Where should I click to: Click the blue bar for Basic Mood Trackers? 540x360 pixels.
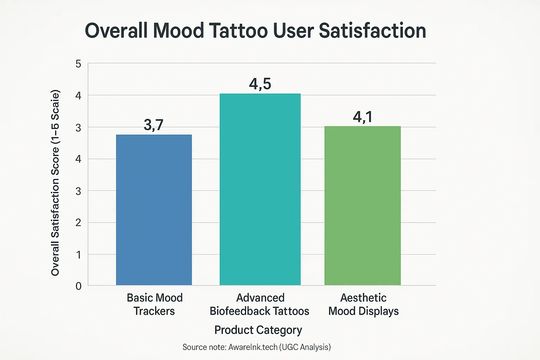coord(154,210)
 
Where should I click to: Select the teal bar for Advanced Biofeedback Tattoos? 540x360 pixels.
coord(260,189)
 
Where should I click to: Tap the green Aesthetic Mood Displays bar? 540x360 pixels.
coord(362,206)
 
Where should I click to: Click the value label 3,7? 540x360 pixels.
coord(154,125)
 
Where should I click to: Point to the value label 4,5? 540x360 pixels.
coord(260,84)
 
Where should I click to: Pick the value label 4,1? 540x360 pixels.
coord(362,117)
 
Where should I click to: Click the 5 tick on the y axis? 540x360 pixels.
coord(78,64)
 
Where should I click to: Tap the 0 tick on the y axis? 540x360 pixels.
coord(78,286)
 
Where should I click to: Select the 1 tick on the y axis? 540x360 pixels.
coord(78,255)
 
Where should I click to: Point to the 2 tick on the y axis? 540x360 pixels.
coord(78,223)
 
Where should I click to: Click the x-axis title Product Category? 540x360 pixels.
coord(258,330)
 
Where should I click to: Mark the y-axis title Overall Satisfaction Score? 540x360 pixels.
coord(55,183)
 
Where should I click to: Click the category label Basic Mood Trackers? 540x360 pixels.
coord(154,304)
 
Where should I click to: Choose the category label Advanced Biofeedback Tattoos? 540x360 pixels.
coord(259,304)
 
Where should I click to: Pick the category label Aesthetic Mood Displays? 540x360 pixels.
coord(363,304)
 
